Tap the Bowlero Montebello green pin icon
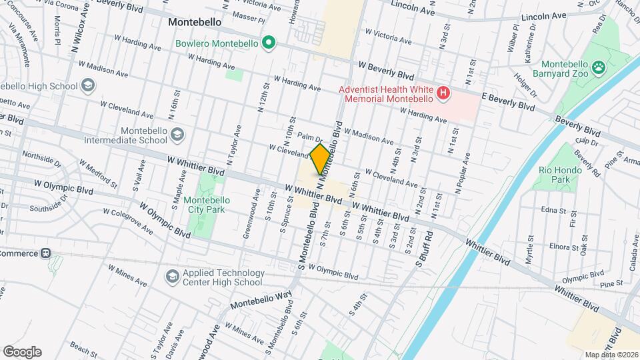point(269,44)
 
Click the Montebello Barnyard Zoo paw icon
point(601,67)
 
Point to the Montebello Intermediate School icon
point(177,136)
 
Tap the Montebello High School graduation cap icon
point(87,85)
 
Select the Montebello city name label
point(195,21)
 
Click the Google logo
point(22,352)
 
